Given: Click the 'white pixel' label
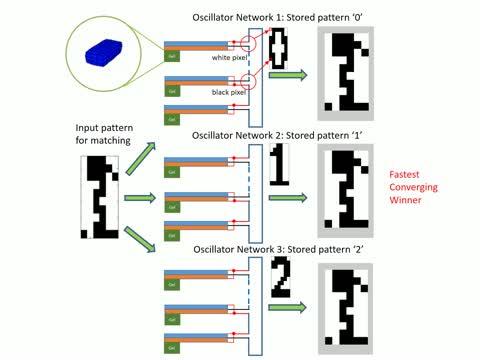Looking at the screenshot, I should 228,58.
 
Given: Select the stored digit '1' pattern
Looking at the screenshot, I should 279,165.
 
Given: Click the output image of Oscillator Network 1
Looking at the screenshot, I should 347,70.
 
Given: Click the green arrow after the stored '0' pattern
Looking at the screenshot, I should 288,102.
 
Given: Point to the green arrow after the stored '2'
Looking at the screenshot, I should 288,314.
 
